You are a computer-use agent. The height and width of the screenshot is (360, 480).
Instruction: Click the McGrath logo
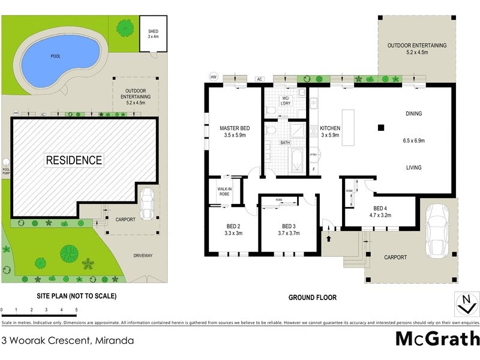tap(437, 338)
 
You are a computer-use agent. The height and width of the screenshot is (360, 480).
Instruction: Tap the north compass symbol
tap(466, 304)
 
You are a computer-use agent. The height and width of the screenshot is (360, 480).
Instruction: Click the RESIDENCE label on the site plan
tap(74, 160)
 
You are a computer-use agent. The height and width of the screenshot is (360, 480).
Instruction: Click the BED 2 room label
tap(233, 229)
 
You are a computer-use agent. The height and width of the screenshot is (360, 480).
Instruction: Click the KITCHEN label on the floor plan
tap(329, 132)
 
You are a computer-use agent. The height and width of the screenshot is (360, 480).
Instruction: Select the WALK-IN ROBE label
tap(225, 191)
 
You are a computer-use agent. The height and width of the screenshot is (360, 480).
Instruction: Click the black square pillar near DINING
tap(380, 127)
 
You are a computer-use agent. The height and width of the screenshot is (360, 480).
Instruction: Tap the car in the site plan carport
tap(146, 205)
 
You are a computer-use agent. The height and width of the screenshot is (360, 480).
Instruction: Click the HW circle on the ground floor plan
tap(213, 76)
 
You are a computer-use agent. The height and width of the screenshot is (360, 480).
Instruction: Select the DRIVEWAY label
tap(143, 256)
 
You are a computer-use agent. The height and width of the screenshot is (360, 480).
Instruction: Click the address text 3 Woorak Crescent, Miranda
tap(68, 341)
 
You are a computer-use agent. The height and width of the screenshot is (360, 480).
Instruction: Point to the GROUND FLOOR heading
tap(312, 297)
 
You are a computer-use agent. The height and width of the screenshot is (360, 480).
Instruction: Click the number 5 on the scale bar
tap(76, 310)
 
